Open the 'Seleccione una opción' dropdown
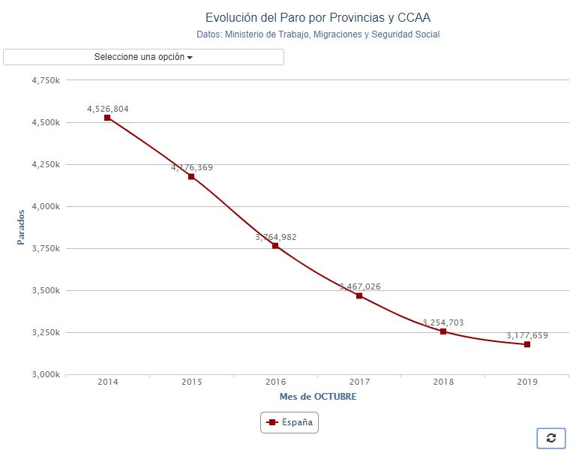click(143, 57)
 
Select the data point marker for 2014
click(107, 118)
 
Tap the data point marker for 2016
click(275, 246)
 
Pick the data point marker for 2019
click(527, 344)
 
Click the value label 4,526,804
click(108, 109)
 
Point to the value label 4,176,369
click(192, 167)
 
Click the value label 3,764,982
click(276, 237)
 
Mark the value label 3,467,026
click(360, 286)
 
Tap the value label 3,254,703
click(443, 322)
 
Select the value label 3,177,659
click(527, 335)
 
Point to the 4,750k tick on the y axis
click(46, 80)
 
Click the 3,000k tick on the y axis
click(46, 374)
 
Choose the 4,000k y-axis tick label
click(46, 206)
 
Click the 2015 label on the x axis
click(191, 382)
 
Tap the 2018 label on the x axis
click(443, 382)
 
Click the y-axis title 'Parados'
click(21, 226)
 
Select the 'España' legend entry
click(289, 423)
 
